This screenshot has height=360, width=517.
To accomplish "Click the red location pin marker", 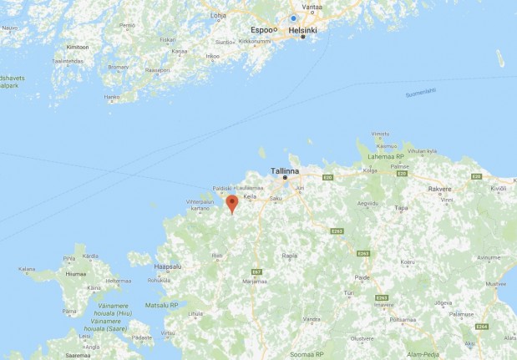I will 232,203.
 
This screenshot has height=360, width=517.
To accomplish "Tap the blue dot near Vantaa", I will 293,18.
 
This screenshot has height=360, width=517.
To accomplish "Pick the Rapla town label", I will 291,256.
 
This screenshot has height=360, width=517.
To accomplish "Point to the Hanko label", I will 112,97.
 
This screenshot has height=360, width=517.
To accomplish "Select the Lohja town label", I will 220,14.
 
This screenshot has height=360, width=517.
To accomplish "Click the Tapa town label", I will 402,208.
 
